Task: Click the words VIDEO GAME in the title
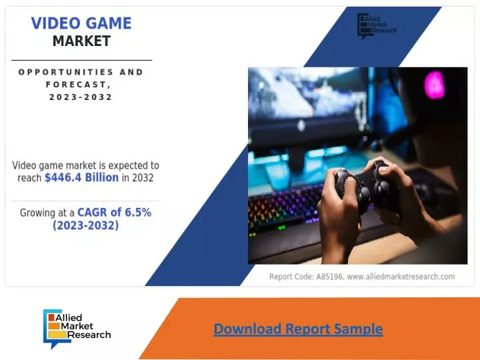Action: click(81, 23)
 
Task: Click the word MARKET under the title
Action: click(81, 41)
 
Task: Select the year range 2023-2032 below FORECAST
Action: click(81, 97)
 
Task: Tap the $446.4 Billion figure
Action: click(82, 177)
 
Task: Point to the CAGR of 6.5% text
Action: click(115, 213)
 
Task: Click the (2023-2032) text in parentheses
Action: click(86, 225)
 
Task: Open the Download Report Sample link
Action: click(298, 329)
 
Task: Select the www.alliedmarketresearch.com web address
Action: click(401, 277)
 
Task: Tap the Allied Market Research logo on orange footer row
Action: click(77, 329)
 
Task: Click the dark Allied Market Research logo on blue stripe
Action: click(377, 26)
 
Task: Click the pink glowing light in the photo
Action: click(435, 85)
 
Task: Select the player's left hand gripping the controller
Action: click(340, 214)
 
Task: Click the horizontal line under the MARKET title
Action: click(82, 60)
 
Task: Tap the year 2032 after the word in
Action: click(143, 178)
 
